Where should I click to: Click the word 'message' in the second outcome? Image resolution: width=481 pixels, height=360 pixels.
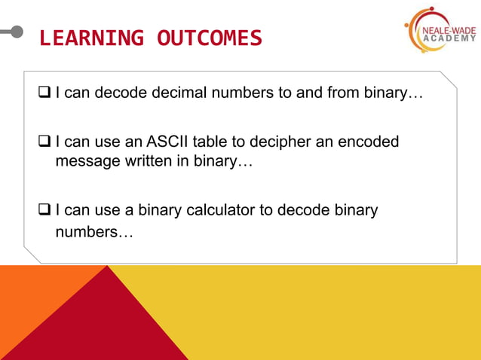pyautogui.click(x=87, y=161)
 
